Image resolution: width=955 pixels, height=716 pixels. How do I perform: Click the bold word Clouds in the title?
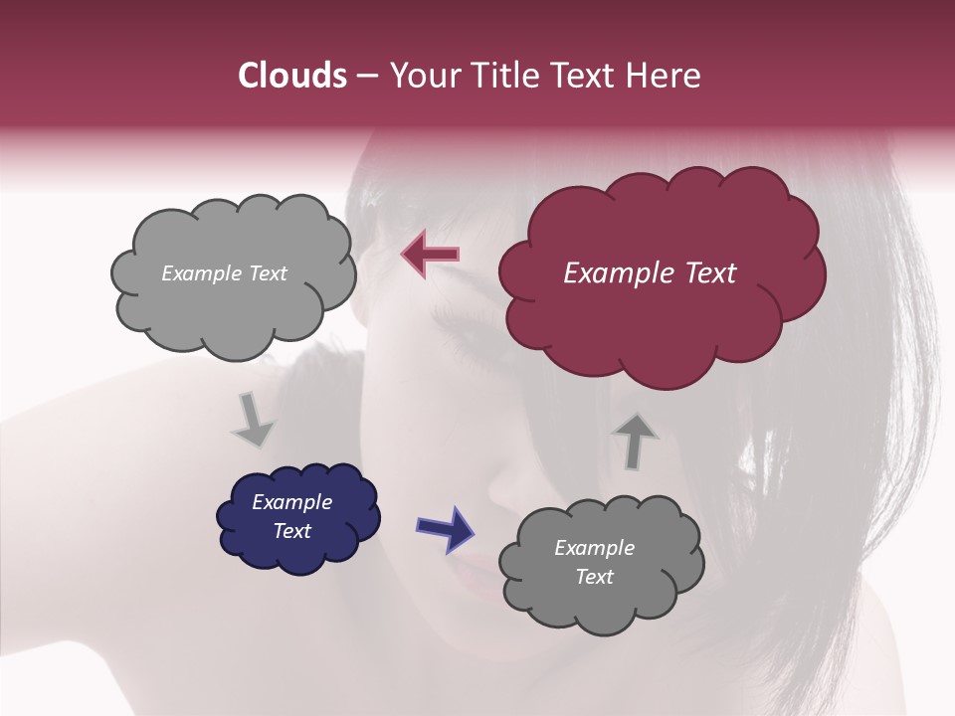pyautogui.click(x=292, y=76)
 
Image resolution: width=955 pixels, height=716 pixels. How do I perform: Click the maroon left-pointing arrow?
pyautogui.click(x=430, y=255)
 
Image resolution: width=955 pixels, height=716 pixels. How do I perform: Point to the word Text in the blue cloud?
pyautogui.click(x=292, y=531)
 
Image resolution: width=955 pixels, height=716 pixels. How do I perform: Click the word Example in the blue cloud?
pyautogui.click(x=292, y=502)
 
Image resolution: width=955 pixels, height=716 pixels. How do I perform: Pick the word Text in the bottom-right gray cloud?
pyautogui.click(x=594, y=577)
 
